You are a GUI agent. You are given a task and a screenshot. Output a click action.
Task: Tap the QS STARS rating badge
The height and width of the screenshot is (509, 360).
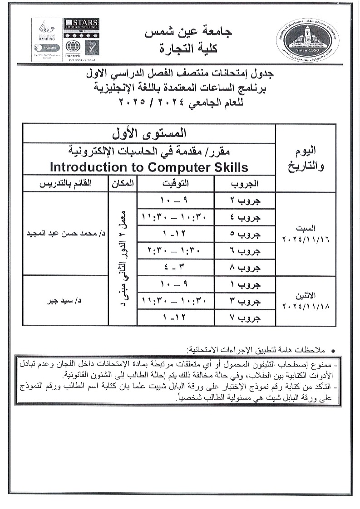(81, 29)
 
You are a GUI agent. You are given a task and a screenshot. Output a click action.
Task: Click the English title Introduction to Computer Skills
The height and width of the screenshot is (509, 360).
(149, 167)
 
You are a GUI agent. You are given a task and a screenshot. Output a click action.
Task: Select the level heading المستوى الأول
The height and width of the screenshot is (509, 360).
(149, 134)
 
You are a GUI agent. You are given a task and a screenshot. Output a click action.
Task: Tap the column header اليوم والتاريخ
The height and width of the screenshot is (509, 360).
(306, 159)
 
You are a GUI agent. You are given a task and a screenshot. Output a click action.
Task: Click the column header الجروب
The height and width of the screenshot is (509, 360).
(245, 184)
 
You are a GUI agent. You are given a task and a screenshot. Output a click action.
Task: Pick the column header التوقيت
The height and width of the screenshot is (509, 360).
(175, 184)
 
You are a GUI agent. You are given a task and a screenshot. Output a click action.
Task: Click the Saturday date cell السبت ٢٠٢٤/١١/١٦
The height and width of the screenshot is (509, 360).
(306, 234)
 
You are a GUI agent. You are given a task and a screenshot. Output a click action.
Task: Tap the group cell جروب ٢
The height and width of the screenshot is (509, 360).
(245, 201)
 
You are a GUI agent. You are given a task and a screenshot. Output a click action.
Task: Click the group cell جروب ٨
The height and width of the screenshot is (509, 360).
(245, 268)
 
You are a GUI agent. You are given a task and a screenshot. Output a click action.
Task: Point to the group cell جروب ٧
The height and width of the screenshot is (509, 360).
(245, 318)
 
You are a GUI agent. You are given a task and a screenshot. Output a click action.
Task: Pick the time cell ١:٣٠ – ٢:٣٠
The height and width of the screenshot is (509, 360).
(175, 251)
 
